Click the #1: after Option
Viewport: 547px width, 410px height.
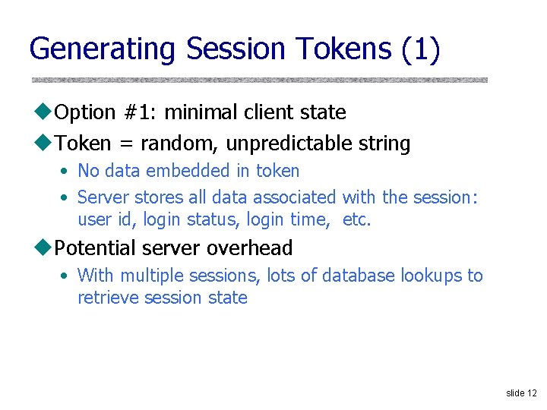[x=139, y=112]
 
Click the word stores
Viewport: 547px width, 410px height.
[x=159, y=197]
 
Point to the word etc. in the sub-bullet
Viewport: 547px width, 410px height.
[x=356, y=221]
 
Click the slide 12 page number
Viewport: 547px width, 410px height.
[x=521, y=393]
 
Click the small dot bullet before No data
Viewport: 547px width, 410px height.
[x=65, y=172]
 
